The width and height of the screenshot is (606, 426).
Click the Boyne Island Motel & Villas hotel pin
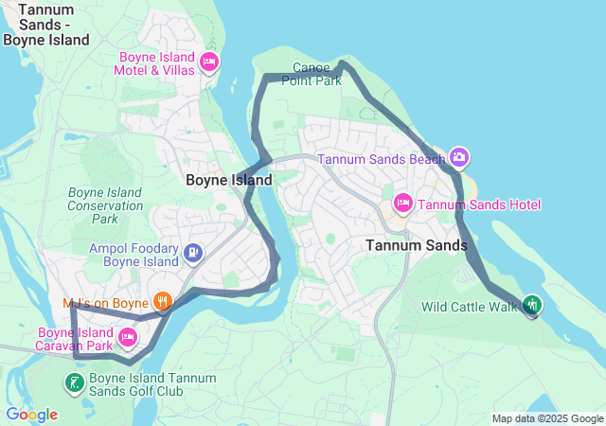pos(209,63)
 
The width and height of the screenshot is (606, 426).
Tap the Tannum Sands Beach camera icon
pos(459,156)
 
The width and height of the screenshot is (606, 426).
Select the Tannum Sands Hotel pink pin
pos(402,204)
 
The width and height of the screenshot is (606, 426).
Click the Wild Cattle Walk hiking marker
pos(532,305)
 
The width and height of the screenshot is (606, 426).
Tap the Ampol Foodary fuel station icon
pos(193,252)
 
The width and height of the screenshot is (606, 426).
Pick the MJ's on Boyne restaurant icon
pos(163,302)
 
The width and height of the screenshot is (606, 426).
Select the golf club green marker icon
pos(74,383)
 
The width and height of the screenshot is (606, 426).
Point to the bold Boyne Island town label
pos(228,180)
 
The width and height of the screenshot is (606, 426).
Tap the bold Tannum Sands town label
pos(416,245)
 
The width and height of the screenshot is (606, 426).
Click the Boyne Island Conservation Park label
pos(105,205)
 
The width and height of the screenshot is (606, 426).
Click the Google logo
pos(30,415)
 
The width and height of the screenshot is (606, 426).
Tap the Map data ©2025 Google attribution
pos(547,418)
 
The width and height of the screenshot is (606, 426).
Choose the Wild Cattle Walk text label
pos(470,307)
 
